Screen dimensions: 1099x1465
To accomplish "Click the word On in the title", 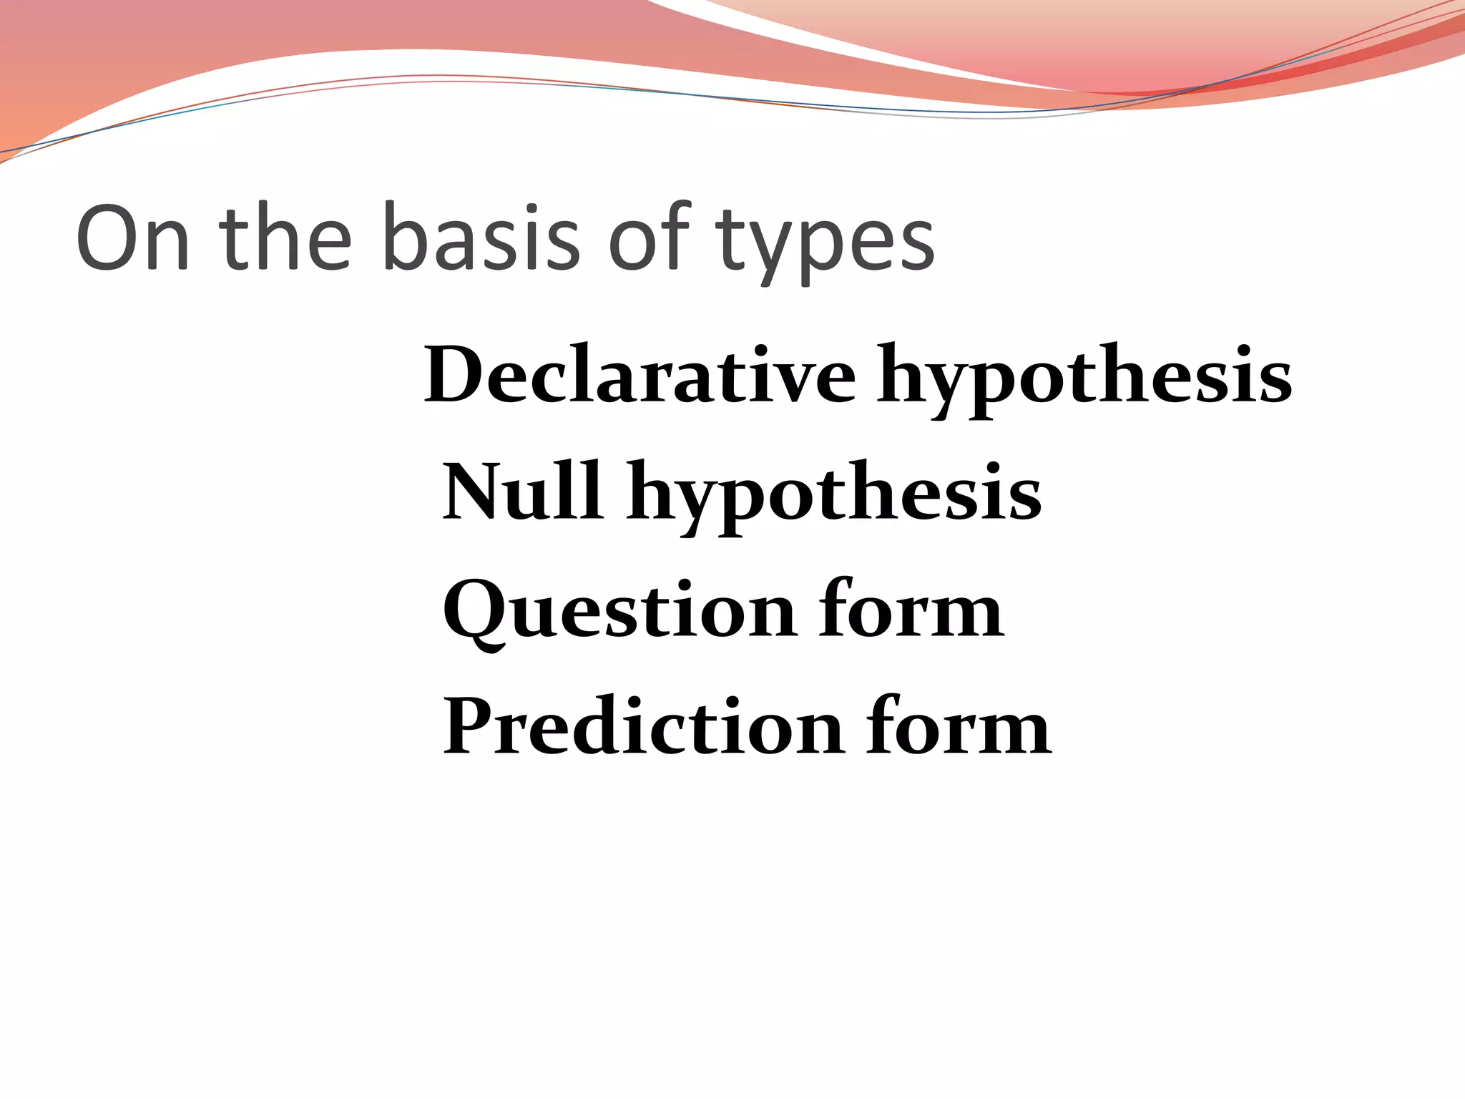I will tap(133, 239).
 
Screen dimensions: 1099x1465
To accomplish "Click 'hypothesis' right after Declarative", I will tap(1084, 379).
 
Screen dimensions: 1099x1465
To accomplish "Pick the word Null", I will tap(521, 492).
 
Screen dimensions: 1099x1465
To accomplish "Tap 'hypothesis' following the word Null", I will tap(833, 496).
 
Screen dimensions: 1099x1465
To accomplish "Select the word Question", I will tap(619, 610).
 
